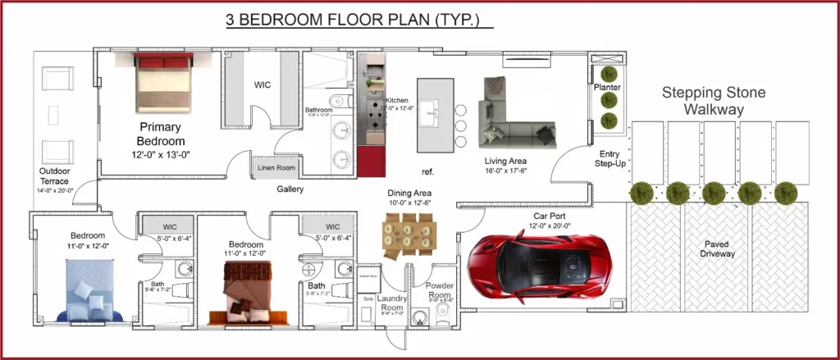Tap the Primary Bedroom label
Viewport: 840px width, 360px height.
tap(164, 134)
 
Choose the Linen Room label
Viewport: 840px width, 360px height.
tap(276, 168)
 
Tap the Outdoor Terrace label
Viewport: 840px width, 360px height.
tap(55, 176)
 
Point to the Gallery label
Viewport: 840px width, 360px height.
tap(290, 189)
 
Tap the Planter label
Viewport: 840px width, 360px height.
tap(607, 87)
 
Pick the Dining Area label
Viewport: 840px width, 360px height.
tap(409, 194)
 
